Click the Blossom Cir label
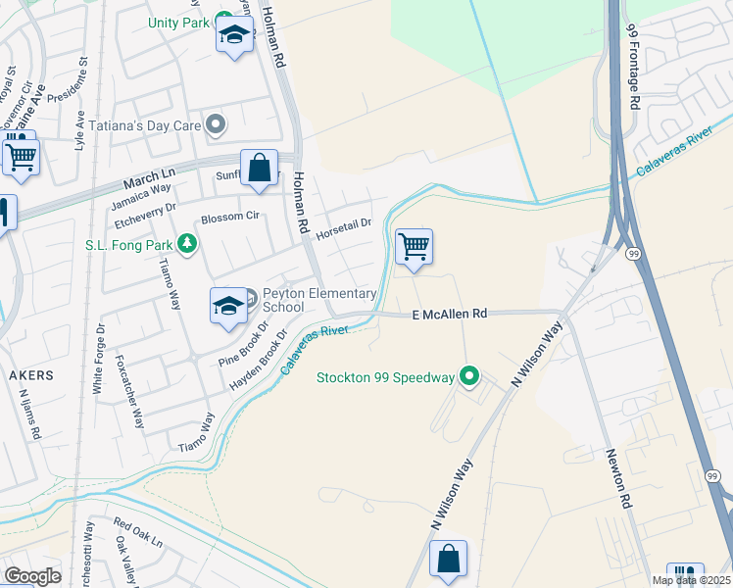coord(229,217)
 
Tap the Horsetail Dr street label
coord(343,224)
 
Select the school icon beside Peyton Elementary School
coord(228,306)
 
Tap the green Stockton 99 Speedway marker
coord(470,376)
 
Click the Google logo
coord(33,576)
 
